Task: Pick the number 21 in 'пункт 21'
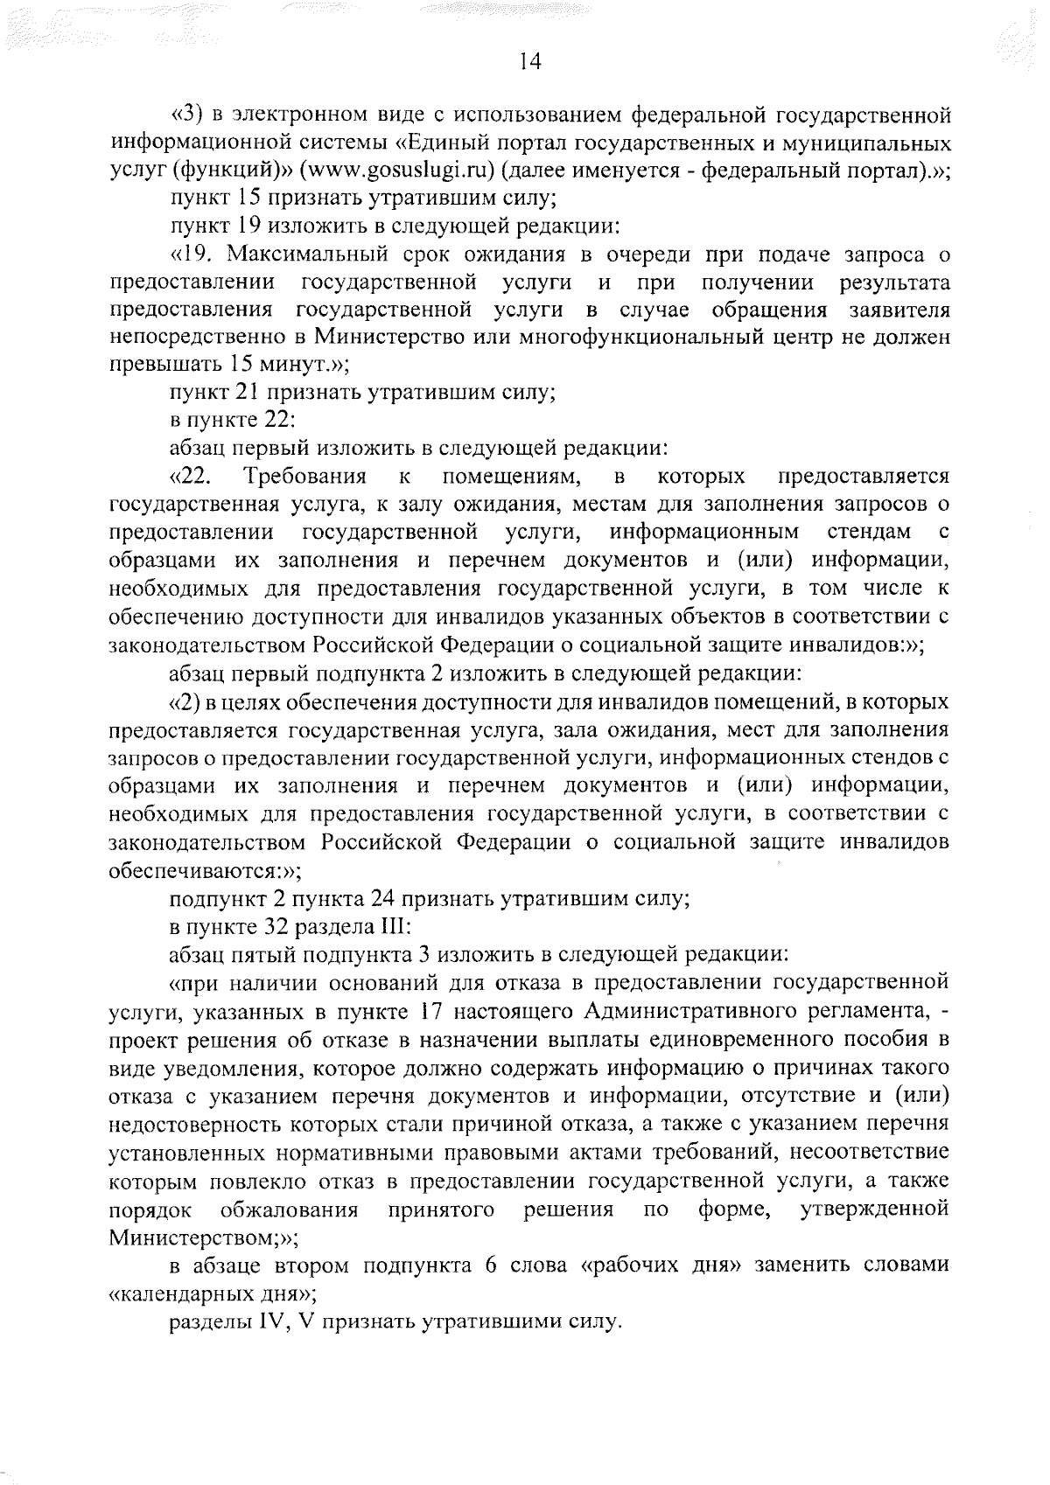248,393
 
